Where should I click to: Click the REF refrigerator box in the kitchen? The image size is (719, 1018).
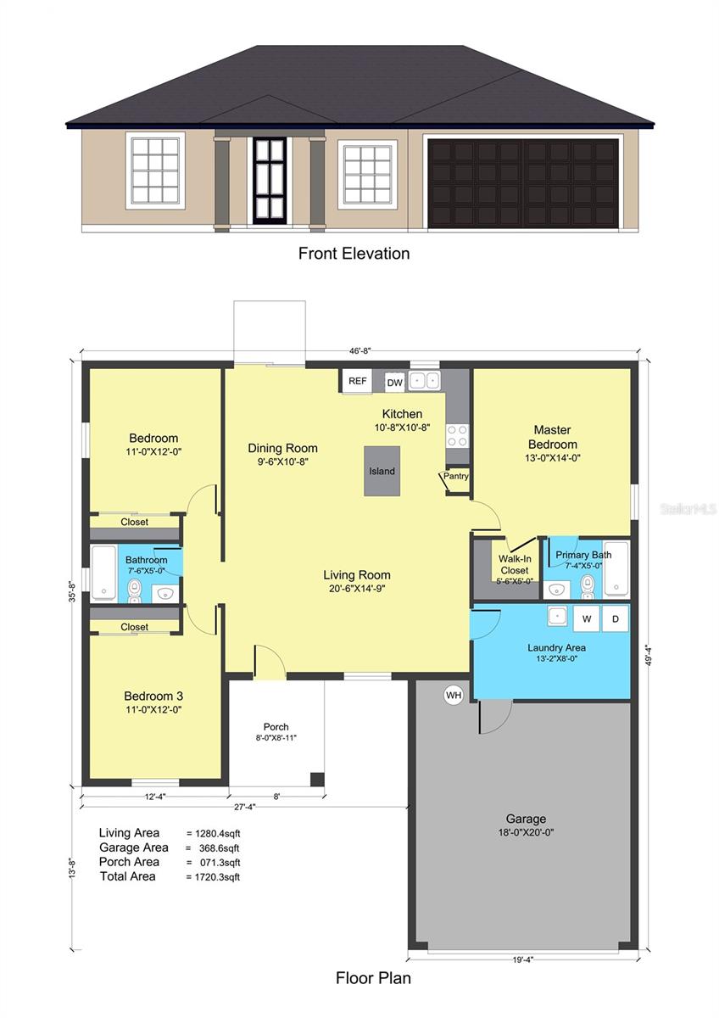[x=357, y=381]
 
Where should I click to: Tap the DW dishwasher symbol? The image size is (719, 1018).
[x=395, y=383]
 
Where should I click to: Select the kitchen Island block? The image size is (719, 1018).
[x=382, y=472]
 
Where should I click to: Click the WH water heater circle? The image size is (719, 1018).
[x=454, y=695]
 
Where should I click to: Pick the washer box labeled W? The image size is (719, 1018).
[x=587, y=619]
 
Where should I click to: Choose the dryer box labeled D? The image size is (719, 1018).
[x=616, y=619]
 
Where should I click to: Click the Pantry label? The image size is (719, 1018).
[x=455, y=476]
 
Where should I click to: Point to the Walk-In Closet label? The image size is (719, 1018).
[x=515, y=564]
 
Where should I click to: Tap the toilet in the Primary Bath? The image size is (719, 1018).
[x=588, y=587]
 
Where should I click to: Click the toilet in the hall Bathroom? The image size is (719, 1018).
[x=135, y=590]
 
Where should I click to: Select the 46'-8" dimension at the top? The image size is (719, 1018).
[x=360, y=351]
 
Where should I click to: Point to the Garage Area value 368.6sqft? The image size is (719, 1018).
[x=219, y=848]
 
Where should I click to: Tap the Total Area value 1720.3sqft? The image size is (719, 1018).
[x=217, y=877]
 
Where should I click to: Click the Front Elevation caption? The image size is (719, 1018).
[x=354, y=253]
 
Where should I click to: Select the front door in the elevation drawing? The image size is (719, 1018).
[x=270, y=181]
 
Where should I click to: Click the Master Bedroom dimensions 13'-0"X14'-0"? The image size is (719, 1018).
[x=553, y=458]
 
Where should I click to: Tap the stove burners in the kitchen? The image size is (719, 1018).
[x=457, y=435]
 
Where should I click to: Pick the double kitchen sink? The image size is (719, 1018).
[x=424, y=380]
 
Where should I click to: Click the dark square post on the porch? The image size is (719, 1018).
[x=317, y=779]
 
